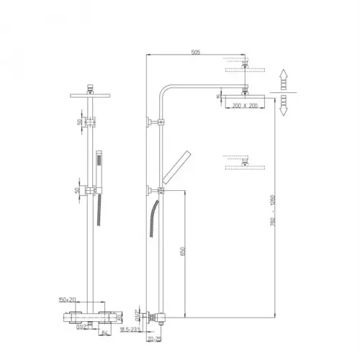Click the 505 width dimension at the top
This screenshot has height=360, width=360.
click(197, 51)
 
